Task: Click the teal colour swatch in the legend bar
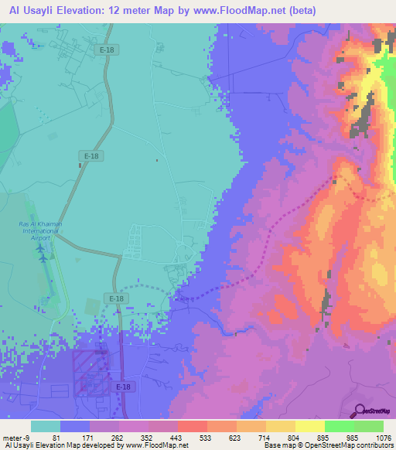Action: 45,426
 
